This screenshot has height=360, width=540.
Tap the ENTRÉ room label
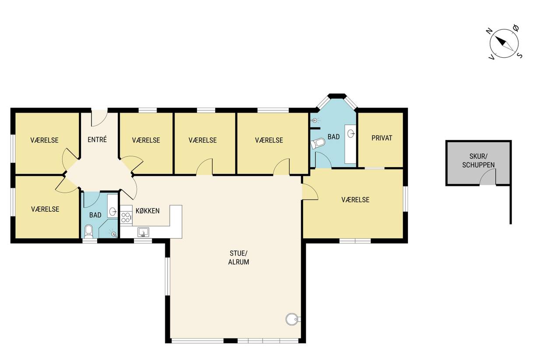pyautogui.click(x=97, y=140)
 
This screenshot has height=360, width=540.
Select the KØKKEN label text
pyautogui.click(x=147, y=211)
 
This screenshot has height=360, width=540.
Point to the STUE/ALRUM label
pyautogui.click(x=238, y=258)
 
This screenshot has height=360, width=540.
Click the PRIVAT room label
pyautogui.click(x=382, y=138)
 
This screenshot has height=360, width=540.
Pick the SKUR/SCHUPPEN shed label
pyautogui.click(x=478, y=161)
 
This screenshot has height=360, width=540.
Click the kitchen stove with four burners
pyautogui.click(x=126, y=217)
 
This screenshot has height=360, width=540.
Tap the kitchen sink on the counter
pyautogui.click(x=143, y=232)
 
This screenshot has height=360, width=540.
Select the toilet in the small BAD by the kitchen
pyautogui.click(x=89, y=231)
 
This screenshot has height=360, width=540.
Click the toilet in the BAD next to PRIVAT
pyautogui.click(x=318, y=143)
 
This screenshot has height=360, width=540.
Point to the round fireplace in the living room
pyautogui.click(x=293, y=319)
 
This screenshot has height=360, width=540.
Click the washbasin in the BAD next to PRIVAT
pyautogui.click(x=351, y=133)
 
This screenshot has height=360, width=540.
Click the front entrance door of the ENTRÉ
pyautogui.click(x=99, y=118)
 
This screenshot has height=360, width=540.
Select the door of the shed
pyautogui.click(x=488, y=177)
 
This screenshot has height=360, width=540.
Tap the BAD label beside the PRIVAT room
pyautogui.click(x=333, y=137)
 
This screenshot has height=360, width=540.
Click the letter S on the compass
pyautogui.click(x=520, y=56)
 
